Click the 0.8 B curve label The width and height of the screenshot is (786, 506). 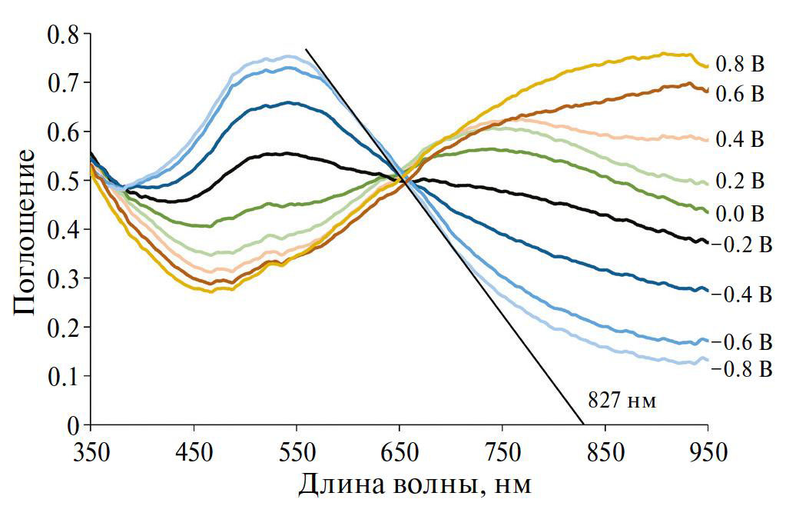tap(739, 64)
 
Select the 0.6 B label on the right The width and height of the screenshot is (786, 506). tap(739, 94)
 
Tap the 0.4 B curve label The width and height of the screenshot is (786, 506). tap(739, 139)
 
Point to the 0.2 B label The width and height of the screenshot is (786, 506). tap(739, 181)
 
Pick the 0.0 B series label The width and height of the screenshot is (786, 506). tap(739, 212)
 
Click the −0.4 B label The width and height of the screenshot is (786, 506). tap(741, 294)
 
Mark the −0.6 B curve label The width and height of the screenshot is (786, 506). tap(741, 341)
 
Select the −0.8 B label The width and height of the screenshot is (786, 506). tap(741, 368)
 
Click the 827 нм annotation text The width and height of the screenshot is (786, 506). tap(622, 401)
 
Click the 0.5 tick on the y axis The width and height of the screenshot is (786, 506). tap(65, 181)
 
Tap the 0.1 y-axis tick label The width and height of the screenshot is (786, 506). tap(65, 377)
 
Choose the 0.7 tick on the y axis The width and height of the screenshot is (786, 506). tap(65, 83)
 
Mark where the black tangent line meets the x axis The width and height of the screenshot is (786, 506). tap(583, 424)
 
